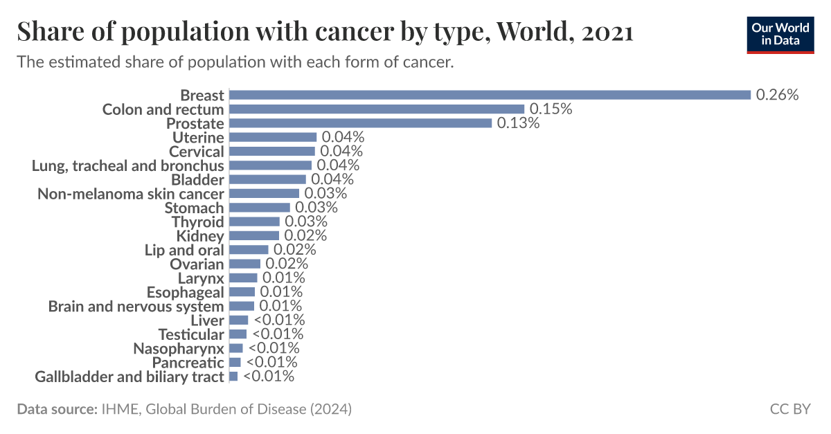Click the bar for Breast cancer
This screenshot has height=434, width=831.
click(x=490, y=95)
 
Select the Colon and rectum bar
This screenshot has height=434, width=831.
click(x=377, y=109)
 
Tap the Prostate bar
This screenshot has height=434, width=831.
click(x=360, y=123)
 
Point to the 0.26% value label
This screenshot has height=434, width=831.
click(x=778, y=95)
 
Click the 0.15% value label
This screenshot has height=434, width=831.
click(x=551, y=109)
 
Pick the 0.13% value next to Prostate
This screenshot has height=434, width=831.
click(x=518, y=123)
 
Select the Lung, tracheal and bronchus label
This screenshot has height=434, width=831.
click(x=128, y=165)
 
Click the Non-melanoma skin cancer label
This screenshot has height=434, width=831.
click(x=131, y=194)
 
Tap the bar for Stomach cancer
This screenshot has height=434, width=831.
click(x=260, y=208)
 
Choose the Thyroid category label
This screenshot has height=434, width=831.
click(x=198, y=221)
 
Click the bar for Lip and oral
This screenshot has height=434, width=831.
click(x=249, y=250)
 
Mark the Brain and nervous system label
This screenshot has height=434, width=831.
click(x=136, y=306)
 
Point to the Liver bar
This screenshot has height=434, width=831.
click(x=238, y=320)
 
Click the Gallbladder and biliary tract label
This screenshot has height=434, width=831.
click(x=129, y=377)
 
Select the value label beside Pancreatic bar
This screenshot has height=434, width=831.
click(x=271, y=362)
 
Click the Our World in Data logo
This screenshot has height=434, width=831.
click(x=779, y=34)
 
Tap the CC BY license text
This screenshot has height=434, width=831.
click(x=790, y=409)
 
